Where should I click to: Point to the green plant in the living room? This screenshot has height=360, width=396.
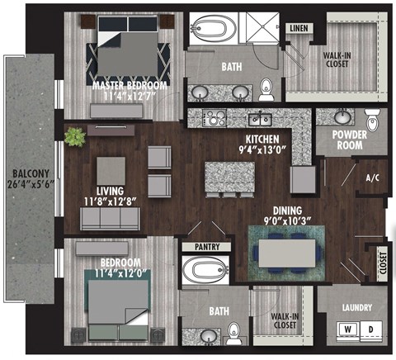coord(76,136)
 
